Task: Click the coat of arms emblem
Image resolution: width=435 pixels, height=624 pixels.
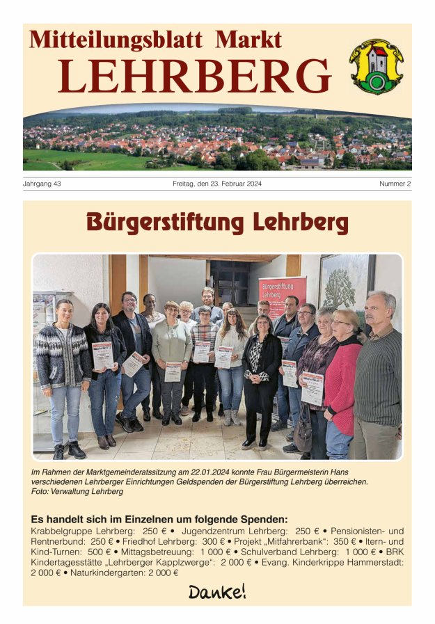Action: (375, 66)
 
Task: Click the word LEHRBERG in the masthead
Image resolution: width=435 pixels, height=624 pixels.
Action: (194, 76)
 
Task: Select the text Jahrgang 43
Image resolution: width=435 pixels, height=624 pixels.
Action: (42, 184)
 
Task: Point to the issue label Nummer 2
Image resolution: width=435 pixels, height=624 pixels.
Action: (395, 184)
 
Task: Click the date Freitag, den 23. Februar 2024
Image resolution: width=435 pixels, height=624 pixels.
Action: (217, 184)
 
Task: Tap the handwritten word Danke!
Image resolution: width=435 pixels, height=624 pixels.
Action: (217, 592)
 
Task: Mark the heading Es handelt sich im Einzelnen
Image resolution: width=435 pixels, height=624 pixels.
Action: (159, 519)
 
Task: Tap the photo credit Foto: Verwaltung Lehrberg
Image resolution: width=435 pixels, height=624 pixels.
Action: (77, 491)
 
